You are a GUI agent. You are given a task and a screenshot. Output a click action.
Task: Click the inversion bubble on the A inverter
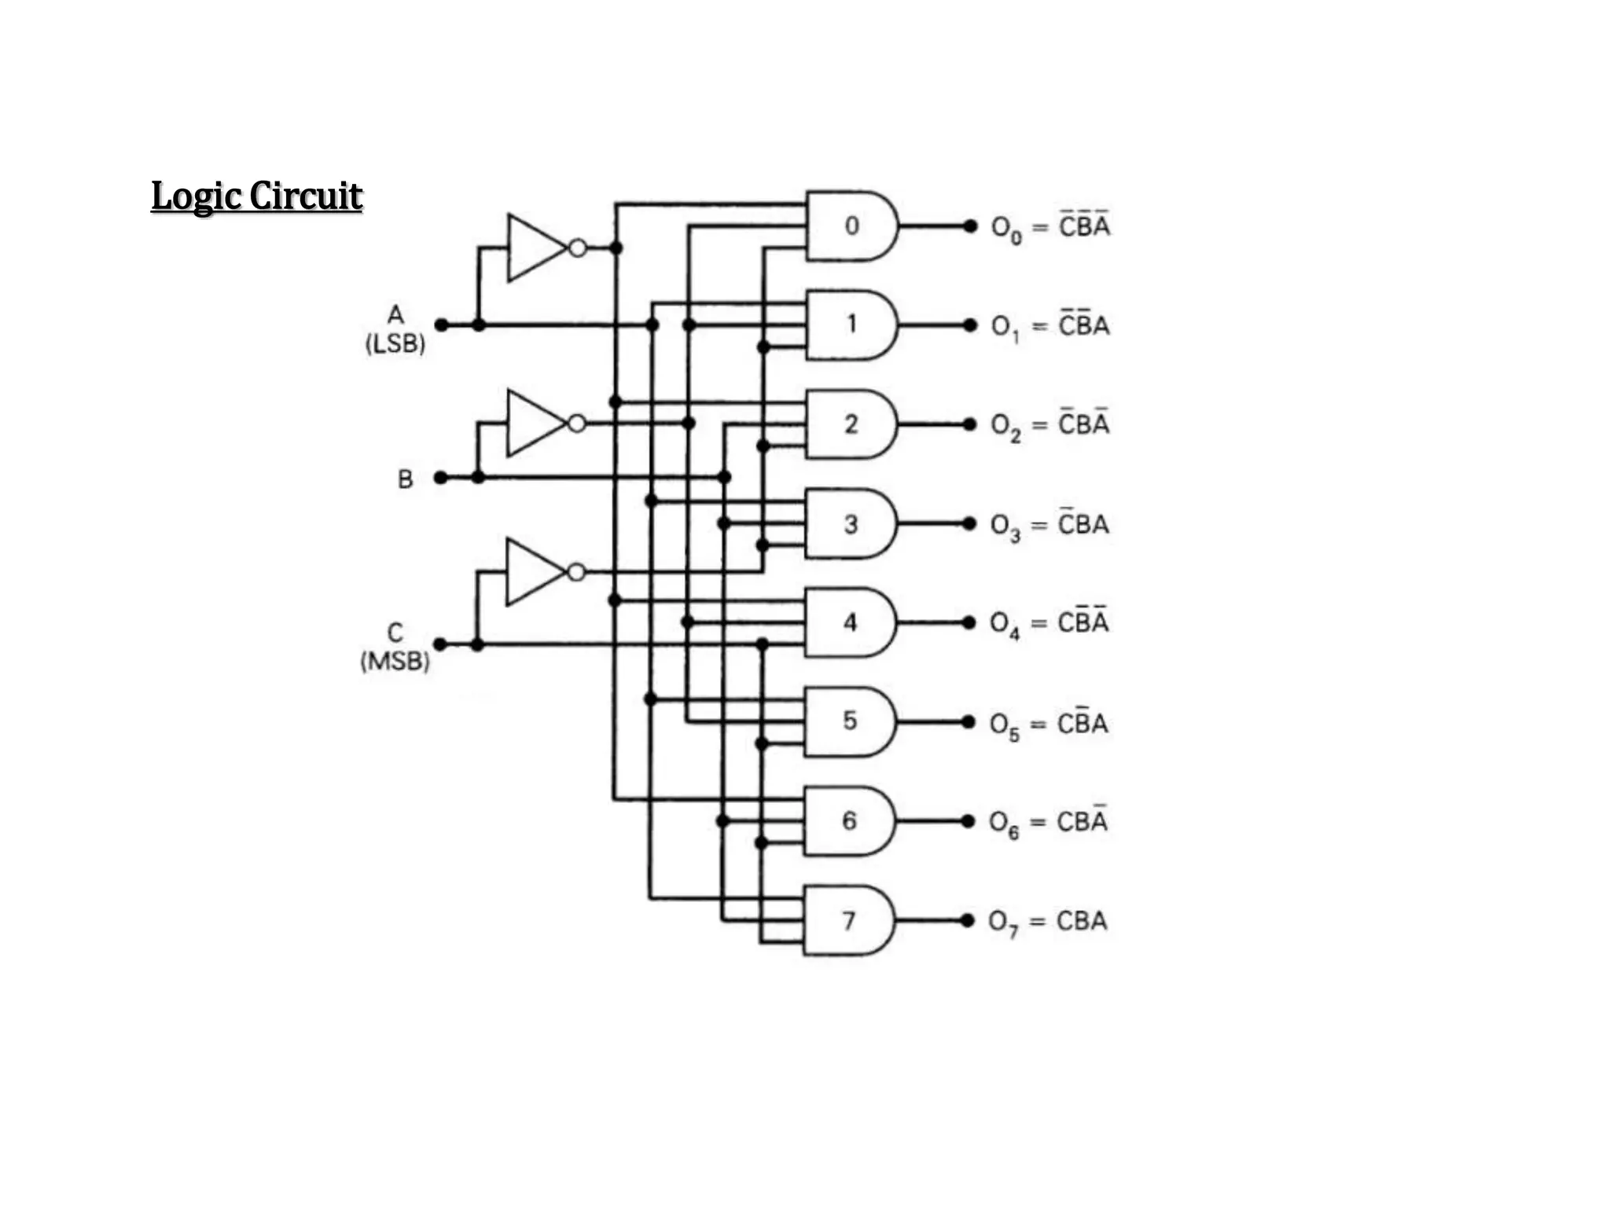(x=578, y=248)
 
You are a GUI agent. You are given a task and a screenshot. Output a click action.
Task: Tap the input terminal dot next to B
(x=441, y=478)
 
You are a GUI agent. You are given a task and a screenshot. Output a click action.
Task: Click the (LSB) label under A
(x=395, y=344)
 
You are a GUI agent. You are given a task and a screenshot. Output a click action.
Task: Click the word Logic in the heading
(x=197, y=196)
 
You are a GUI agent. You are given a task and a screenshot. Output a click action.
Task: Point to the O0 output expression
(x=1050, y=227)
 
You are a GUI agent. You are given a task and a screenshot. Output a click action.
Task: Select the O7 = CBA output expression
(x=1048, y=922)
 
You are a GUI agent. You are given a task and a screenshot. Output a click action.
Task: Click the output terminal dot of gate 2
(x=970, y=424)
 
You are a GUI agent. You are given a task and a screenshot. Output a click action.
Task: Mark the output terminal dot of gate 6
(x=969, y=821)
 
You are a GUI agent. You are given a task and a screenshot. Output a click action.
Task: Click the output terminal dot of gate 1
(x=971, y=325)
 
